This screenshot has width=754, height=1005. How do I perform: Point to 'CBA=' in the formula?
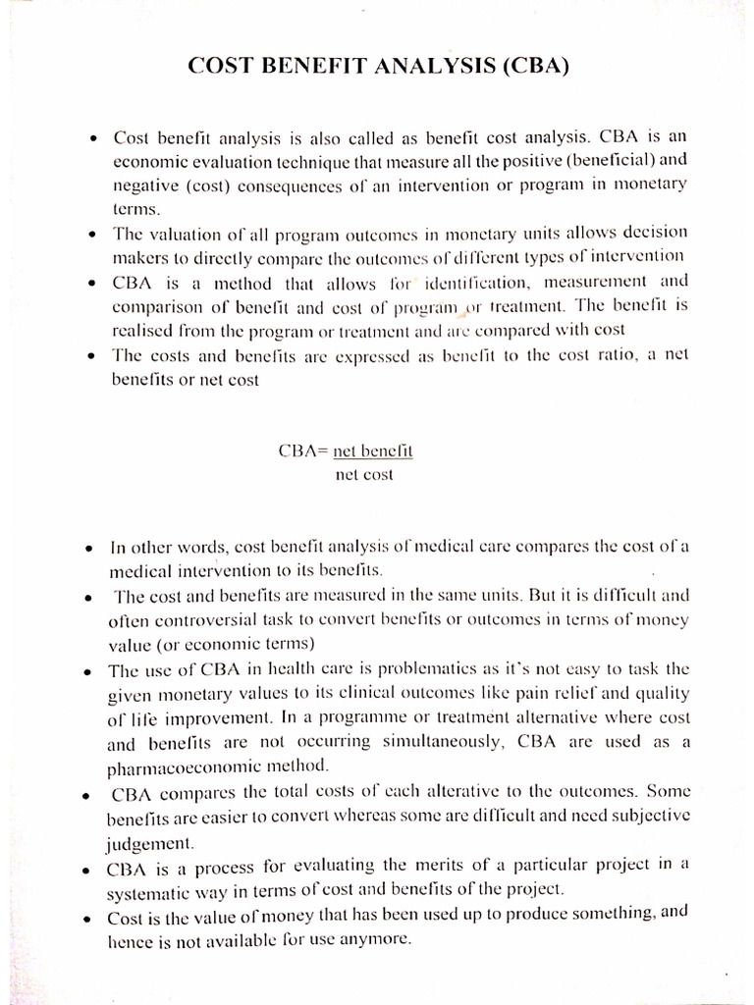click(304, 451)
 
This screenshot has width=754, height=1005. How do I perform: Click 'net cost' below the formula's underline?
click(364, 475)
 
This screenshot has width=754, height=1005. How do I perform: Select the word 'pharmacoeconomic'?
click(179, 767)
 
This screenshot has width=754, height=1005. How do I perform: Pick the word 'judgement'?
click(149, 842)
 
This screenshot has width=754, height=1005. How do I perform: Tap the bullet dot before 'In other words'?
click(88, 547)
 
